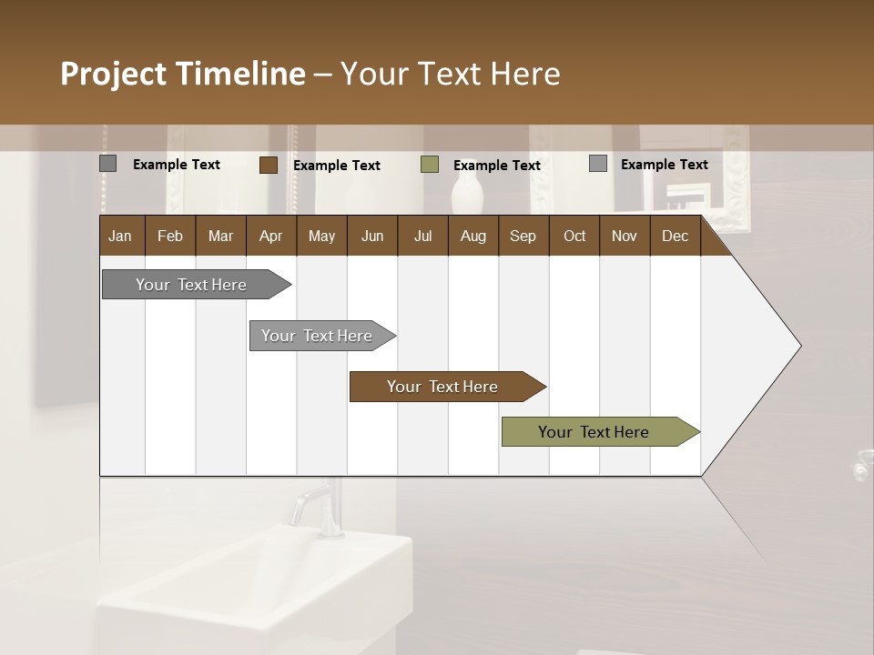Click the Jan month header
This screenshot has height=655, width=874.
tap(120, 236)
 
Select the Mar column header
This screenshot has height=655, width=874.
tap(220, 236)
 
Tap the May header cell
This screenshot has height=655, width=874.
tap(321, 236)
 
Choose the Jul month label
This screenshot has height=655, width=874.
tap(422, 236)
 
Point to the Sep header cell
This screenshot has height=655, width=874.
tap(523, 236)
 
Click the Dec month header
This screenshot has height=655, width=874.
tap(675, 236)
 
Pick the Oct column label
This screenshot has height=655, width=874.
tap(574, 236)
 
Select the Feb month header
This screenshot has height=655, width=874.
tap(170, 236)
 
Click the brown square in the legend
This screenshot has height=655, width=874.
tap(268, 165)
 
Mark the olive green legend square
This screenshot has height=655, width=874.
tap(430, 165)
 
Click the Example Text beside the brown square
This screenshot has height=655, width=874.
tap(337, 166)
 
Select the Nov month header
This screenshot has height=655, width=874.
tap(625, 236)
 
